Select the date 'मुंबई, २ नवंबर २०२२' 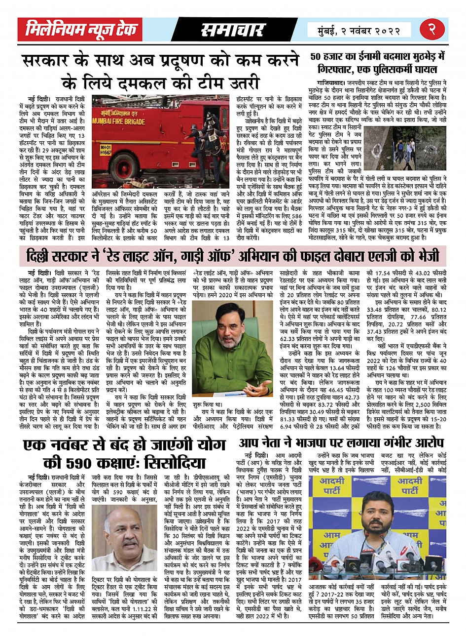pos(355,30)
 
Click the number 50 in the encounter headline pos(318,57)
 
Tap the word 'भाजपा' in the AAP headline pos(318,442)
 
